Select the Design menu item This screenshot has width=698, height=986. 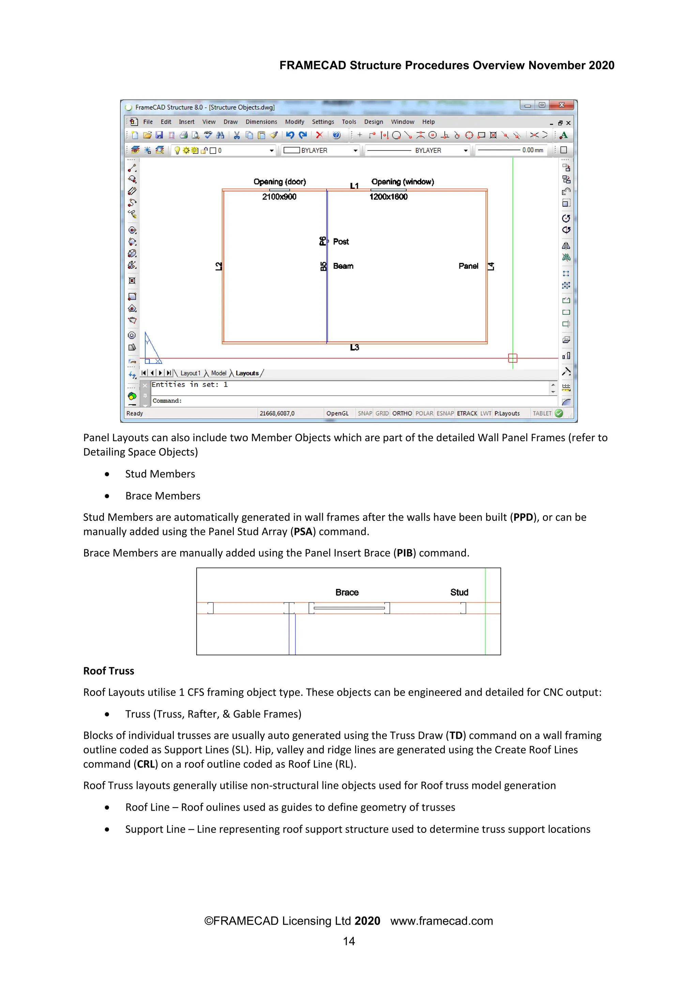pos(373,122)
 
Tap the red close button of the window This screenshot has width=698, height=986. pos(561,105)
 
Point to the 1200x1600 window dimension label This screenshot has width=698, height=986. pos(388,197)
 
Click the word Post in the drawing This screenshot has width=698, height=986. pos(341,242)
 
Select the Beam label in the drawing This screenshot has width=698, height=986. pos(343,266)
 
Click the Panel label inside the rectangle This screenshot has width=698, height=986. pos(468,266)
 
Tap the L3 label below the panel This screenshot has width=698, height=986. pos(354,347)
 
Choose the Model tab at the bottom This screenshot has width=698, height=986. pos(218,373)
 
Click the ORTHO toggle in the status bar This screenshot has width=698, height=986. pos(402,413)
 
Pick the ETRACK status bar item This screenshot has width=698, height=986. pos(467,413)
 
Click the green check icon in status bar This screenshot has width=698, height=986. pos(559,413)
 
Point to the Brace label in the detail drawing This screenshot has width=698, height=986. pos(347,593)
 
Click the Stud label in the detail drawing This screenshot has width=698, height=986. pos(459,593)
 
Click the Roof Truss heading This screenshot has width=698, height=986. pos(109,671)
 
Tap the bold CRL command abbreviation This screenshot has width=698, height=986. pos(146,764)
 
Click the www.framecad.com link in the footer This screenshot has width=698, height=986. pos(441,921)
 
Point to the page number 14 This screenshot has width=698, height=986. pos(349,941)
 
